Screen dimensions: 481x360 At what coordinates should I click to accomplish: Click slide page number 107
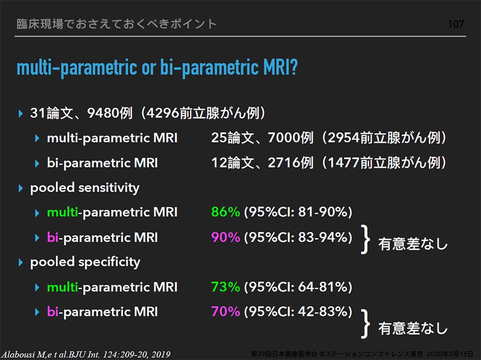(x=456, y=24)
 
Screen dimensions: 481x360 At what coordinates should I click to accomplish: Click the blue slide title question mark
(x=293, y=67)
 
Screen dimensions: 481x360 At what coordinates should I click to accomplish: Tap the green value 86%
(x=226, y=212)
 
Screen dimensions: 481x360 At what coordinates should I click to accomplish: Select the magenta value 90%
(x=226, y=237)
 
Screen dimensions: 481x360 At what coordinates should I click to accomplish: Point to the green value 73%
(x=226, y=287)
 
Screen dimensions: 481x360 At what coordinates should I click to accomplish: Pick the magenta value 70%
(x=226, y=311)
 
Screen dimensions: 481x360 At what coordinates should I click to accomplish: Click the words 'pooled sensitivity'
(x=84, y=188)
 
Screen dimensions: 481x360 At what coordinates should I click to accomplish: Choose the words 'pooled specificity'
(x=85, y=262)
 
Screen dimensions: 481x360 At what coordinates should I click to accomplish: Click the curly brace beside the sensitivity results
(x=365, y=239)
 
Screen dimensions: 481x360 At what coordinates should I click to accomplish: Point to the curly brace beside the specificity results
(x=365, y=324)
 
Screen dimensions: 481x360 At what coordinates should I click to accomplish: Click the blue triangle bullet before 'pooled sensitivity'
(x=20, y=188)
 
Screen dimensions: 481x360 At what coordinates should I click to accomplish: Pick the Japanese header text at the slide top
(x=117, y=24)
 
